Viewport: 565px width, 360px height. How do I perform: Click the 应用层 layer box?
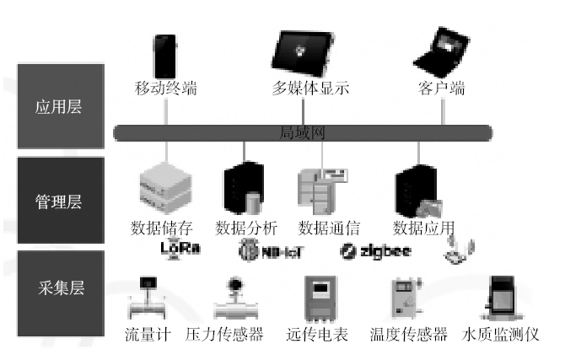point(58,107)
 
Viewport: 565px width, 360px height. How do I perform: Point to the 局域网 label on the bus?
point(303,132)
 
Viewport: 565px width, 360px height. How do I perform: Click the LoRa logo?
point(180,250)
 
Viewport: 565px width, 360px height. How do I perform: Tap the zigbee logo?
point(375,250)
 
